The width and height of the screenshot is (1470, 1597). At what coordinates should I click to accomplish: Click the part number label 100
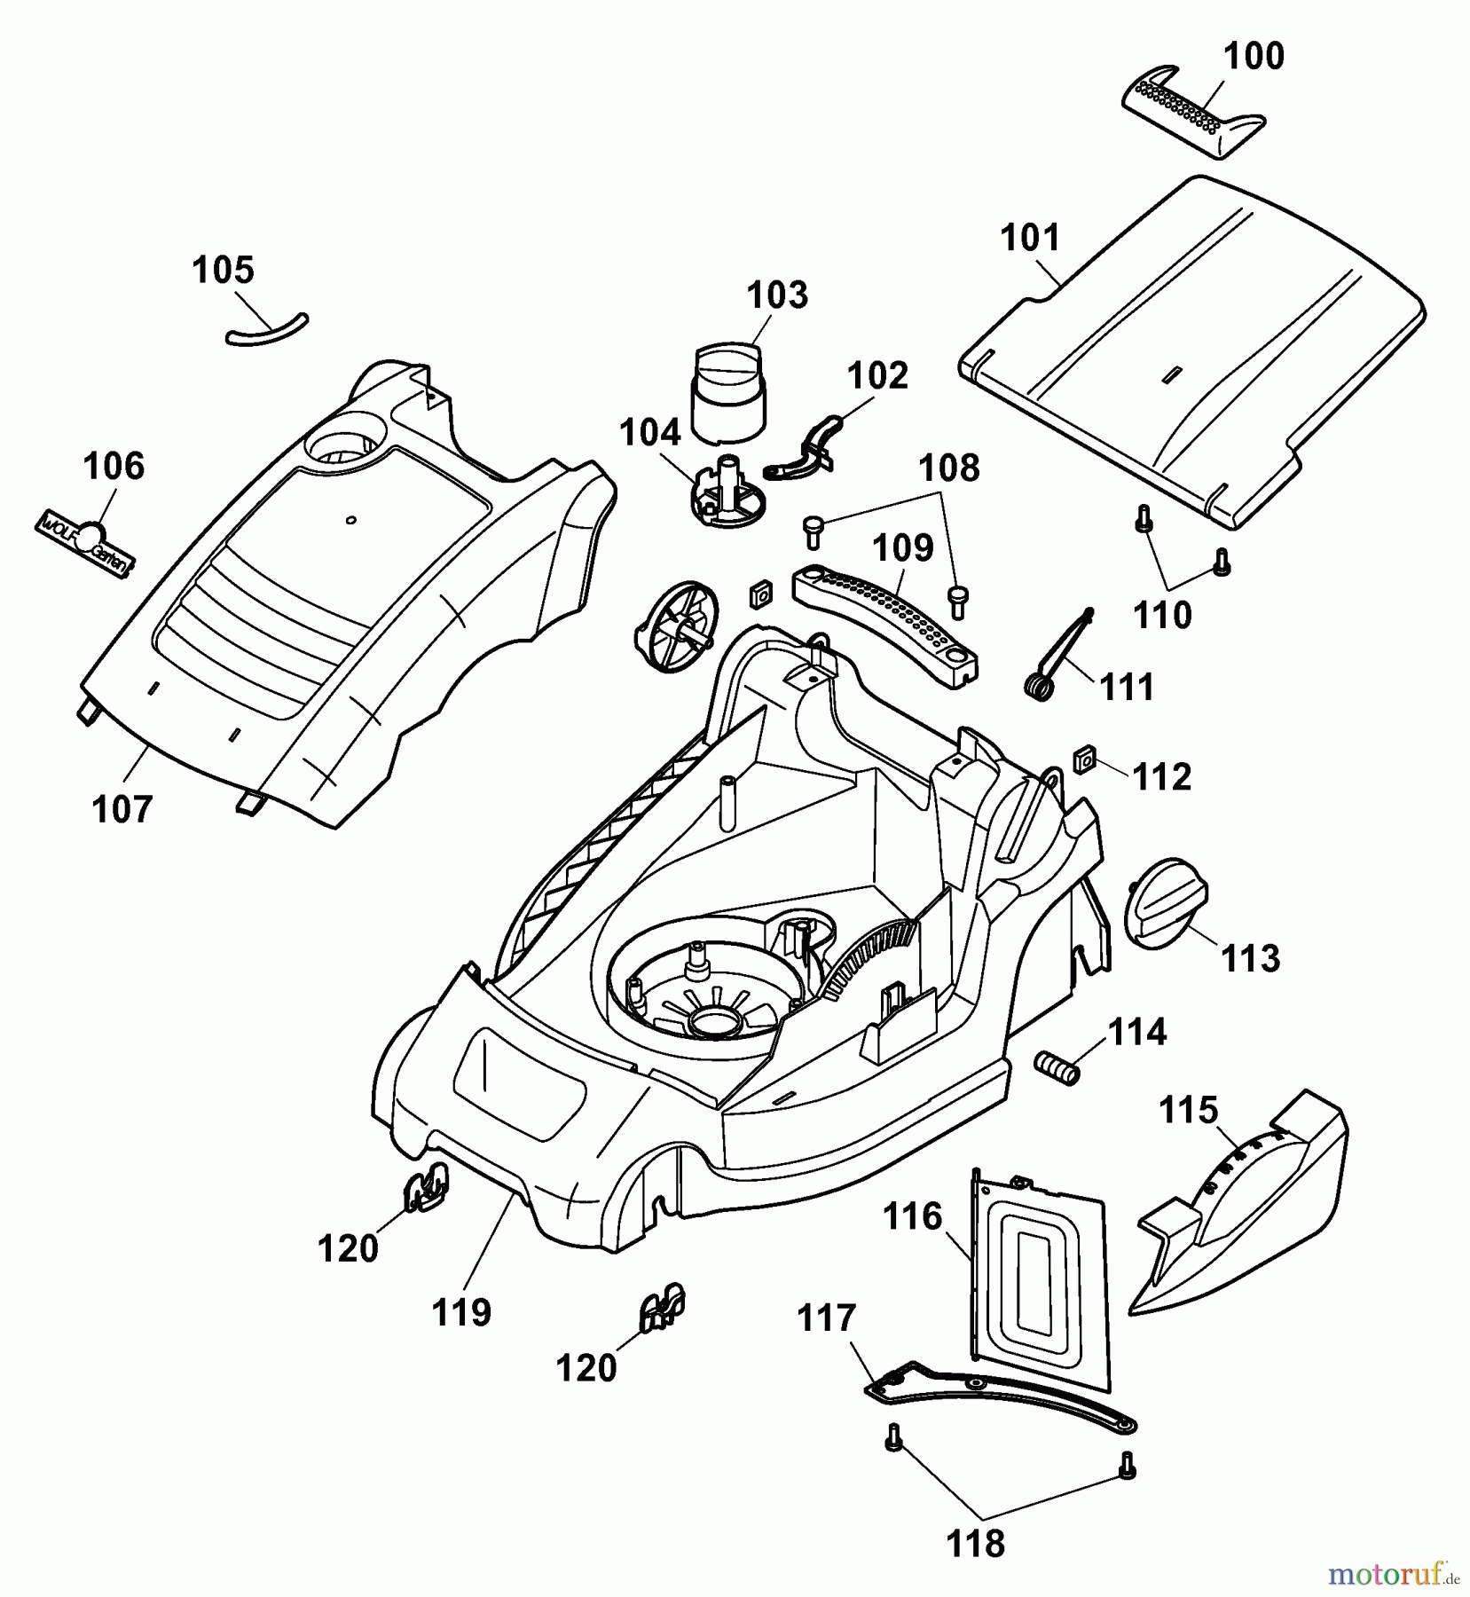pyautogui.click(x=1253, y=57)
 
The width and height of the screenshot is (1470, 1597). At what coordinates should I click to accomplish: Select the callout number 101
pyautogui.click(x=1030, y=239)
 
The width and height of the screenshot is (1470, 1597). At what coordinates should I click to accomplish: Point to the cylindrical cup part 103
pyautogui.click(x=727, y=394)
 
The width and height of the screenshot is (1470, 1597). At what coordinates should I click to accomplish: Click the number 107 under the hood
pyautogui.click(x=122, y=808)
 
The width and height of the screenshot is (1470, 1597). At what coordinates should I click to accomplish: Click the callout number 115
pyautogui.click(x=1189, y=1110)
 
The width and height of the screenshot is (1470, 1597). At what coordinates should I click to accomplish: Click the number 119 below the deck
pyautogui.click(x=461, y=1311)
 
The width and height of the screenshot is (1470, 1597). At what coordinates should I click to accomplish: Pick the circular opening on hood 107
pyautogui.click(x=346, y=440)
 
